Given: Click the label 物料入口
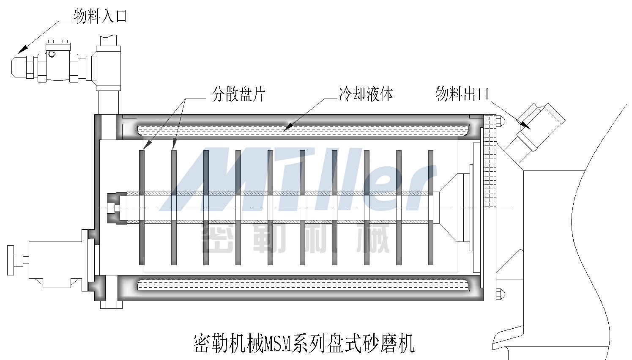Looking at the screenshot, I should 100,16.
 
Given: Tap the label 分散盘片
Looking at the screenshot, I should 238,94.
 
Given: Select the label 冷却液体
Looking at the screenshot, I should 366,94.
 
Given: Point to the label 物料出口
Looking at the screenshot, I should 462,94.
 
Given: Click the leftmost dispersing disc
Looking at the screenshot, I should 142,207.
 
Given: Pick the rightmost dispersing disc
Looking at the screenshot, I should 431,207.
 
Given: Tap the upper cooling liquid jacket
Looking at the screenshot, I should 302,130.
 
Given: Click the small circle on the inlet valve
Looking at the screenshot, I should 52,54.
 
